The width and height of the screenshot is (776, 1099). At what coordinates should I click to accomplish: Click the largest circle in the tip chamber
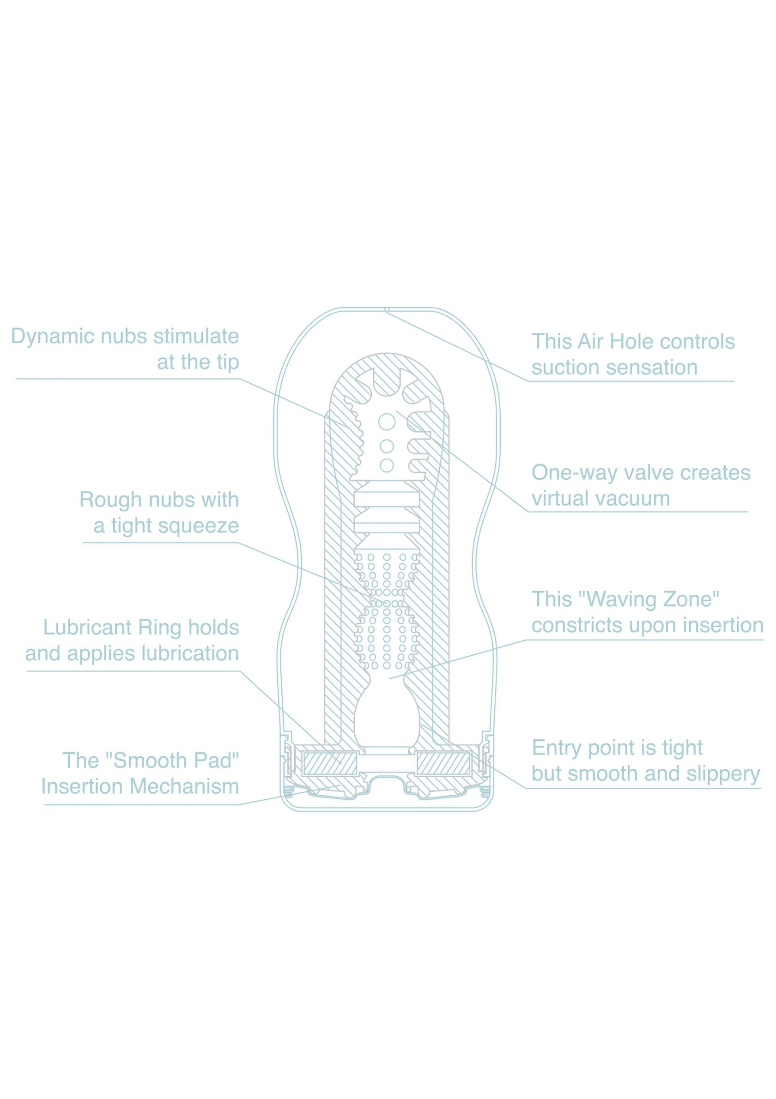point(387,422)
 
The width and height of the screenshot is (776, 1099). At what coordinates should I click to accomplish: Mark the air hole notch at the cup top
point(387,310)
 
